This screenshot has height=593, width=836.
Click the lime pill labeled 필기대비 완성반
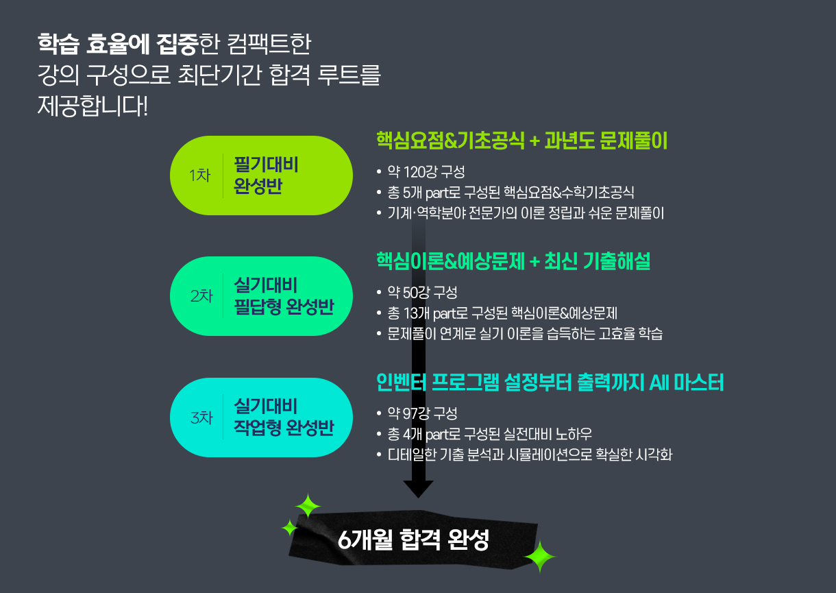click(260, 176)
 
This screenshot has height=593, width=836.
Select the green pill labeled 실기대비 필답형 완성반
click(260, 296)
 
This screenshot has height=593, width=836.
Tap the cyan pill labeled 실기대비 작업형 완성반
click(260, 417)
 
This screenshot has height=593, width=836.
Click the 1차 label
click(199, 176)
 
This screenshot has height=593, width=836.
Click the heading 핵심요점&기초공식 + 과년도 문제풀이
click(521, 141)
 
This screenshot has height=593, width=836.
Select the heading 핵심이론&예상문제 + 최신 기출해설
click(513, 261)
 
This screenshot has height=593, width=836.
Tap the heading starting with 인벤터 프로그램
click(550, 383)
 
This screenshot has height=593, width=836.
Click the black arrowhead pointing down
click(418, 489)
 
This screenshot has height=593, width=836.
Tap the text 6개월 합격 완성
click(414, 540)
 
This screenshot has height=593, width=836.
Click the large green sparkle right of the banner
click(540, 557)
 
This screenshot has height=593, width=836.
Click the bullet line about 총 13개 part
click(502, 313)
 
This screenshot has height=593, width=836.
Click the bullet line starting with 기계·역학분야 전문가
click(526, 213)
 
